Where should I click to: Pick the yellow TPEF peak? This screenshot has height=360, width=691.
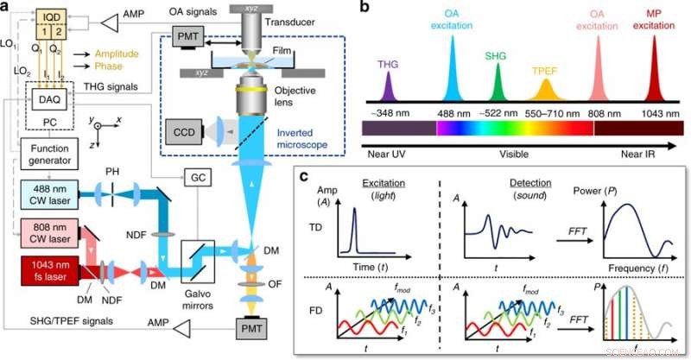click(x=544, y=90)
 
